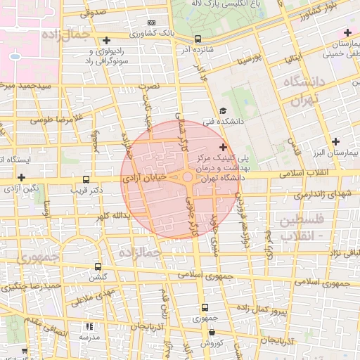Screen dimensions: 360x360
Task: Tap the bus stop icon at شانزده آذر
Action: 198,39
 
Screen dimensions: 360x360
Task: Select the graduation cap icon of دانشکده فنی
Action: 223,110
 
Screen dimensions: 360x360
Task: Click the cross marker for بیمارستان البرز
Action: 335,141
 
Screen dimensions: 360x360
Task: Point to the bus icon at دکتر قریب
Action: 86,179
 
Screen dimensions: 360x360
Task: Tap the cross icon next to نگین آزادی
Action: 22,177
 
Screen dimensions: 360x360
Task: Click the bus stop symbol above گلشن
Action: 98,266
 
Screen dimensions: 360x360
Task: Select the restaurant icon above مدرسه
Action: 89,326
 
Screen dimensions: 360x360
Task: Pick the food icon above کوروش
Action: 206,333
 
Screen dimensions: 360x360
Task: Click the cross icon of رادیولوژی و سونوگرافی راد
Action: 106,40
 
